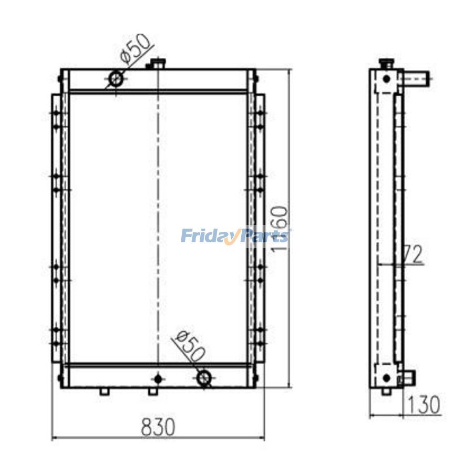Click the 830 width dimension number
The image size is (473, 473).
[158, 427]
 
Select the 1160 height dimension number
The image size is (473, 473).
[280, 229]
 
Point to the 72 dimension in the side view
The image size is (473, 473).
[412, 255]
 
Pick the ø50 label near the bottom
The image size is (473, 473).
[190, 347]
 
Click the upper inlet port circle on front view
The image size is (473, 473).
[116, 79]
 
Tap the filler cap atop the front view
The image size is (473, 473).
[156, 64]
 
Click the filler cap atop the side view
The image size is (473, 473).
[386, 64]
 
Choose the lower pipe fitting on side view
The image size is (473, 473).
[408, 377]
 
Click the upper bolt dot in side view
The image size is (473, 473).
[386, 79]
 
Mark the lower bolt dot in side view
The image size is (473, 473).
[386, 377]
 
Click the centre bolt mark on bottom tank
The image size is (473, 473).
[158, 377]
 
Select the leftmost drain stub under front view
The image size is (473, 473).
[105, 392]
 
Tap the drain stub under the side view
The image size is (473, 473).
[386, 392]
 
